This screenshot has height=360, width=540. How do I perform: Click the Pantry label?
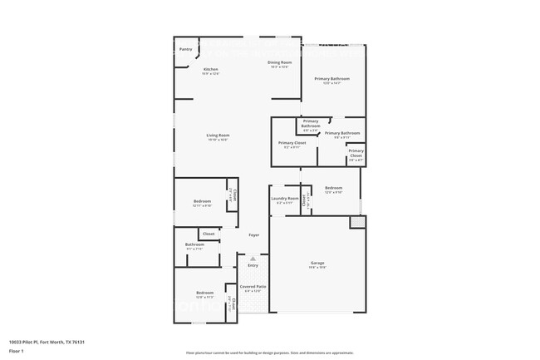click(x=186, y=49)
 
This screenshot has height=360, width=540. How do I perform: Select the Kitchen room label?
click(x=211, y=69)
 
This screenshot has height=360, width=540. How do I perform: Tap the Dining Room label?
click(x=279, y=63)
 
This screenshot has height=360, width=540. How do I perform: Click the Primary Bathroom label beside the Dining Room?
click(x=331, y=79)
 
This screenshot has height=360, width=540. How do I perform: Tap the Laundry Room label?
click(x=285, y=199)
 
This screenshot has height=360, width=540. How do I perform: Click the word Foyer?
click(x=254, y=235)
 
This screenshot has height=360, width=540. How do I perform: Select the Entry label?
click(x=253, y=265)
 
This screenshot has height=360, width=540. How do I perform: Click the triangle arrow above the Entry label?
click(x=253, y=259)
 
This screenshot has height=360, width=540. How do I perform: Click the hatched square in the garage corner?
click(x=356, y=222)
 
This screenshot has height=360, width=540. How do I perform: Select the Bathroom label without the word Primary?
click(x=194, y=244)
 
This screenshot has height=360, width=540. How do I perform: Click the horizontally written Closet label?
click(x=209, y=234)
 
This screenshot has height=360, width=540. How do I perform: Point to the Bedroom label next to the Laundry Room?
click(x=333, y=189)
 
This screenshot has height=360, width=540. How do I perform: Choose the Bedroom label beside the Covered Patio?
click(x=204, y=293)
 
